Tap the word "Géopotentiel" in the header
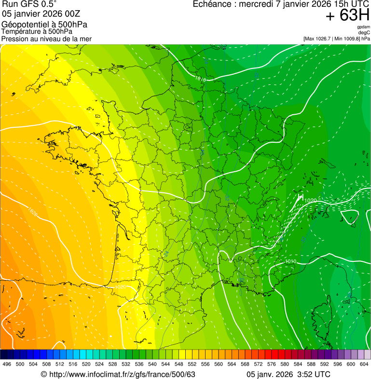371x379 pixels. tap(22, 25)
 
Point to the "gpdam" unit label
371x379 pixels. tap(363, 27)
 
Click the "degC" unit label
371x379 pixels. tap(364, 33)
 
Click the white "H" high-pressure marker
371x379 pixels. tap(300, 197)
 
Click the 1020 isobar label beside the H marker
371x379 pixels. tap(311, 201)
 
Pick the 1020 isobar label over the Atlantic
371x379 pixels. tap(32, 211)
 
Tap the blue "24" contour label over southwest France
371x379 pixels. tap(166, 253)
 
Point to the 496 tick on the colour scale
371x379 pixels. tap(7, 364)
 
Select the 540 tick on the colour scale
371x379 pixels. tap(152, 364)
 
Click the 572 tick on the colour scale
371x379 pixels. tap(259, 364)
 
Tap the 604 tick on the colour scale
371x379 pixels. tap(364, 364)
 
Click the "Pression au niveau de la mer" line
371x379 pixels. tap(46, 39)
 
